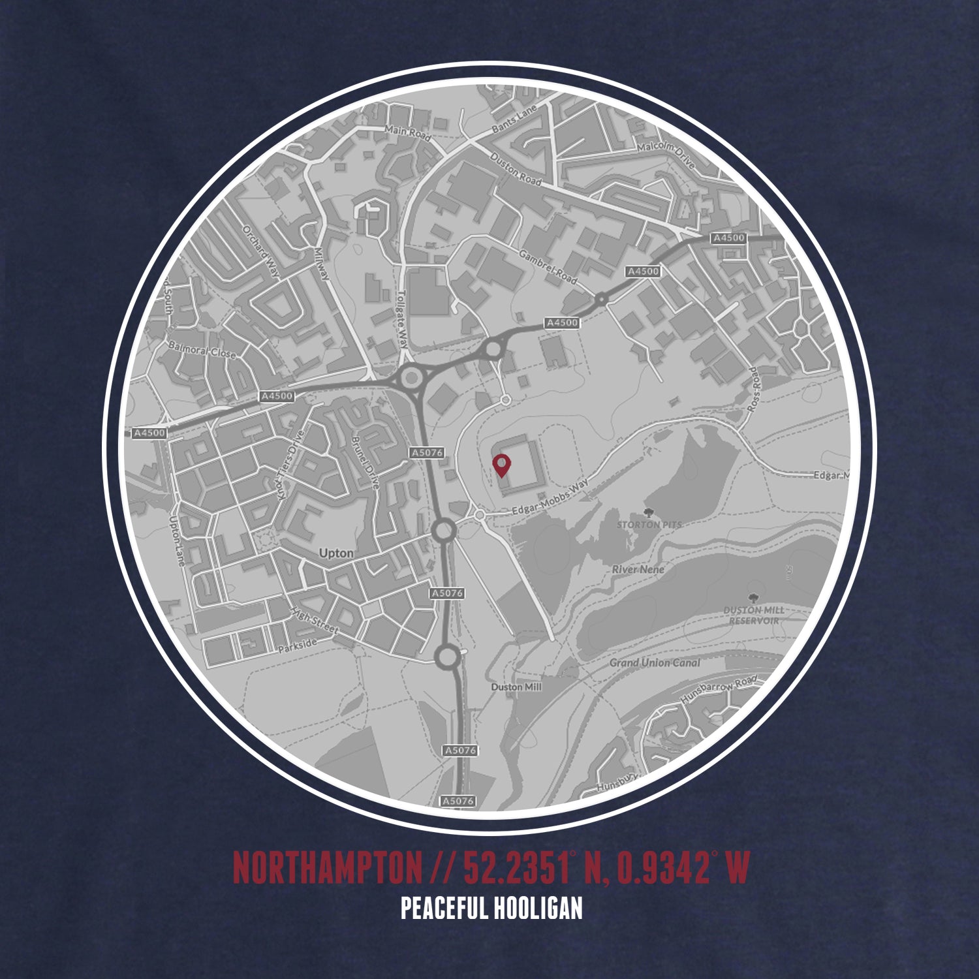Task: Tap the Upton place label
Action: [336, 553]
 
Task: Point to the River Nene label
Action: [638, 570]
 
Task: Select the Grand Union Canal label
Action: [655, 663]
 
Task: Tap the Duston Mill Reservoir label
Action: [754, 615]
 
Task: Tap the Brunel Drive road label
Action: [365, 463]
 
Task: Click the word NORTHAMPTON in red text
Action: [327, 867]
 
